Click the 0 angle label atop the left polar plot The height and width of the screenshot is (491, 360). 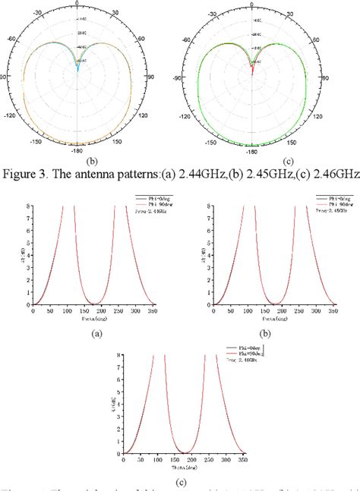(78, 4)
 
